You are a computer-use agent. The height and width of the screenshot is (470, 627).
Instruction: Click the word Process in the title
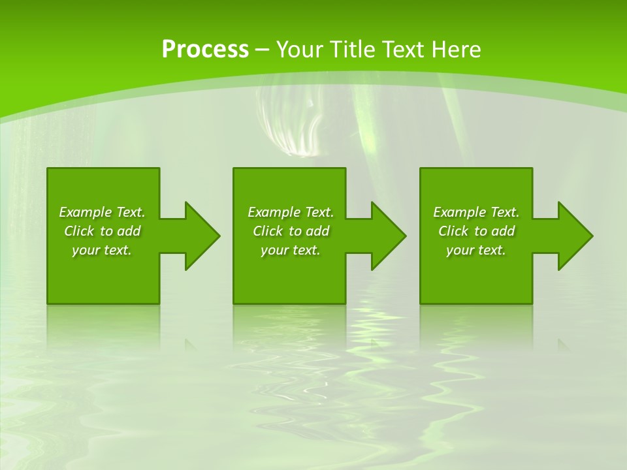coord(205,50)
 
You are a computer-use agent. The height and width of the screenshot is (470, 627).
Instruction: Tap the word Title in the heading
coord(357,50)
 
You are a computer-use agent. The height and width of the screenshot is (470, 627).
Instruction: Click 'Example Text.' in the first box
coord(102,212)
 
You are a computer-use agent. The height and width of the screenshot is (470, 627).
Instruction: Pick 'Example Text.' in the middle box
coord(291,212)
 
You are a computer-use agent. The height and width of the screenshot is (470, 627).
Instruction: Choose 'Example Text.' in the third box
coord(476,212)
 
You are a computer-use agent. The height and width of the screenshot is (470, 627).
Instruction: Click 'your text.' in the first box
coord(102,250)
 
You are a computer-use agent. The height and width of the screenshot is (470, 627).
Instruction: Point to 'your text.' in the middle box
coord(291,250)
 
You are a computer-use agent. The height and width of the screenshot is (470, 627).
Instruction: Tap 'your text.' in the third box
coord(476,250)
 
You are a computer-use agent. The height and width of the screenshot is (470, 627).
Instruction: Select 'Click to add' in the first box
coord(102,231)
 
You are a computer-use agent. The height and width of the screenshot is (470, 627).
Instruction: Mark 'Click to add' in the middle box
coord(291,231)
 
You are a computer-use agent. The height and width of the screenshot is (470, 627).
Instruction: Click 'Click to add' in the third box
coord(476,231)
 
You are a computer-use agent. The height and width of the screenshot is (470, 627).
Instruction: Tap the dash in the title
coord(263,50)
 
